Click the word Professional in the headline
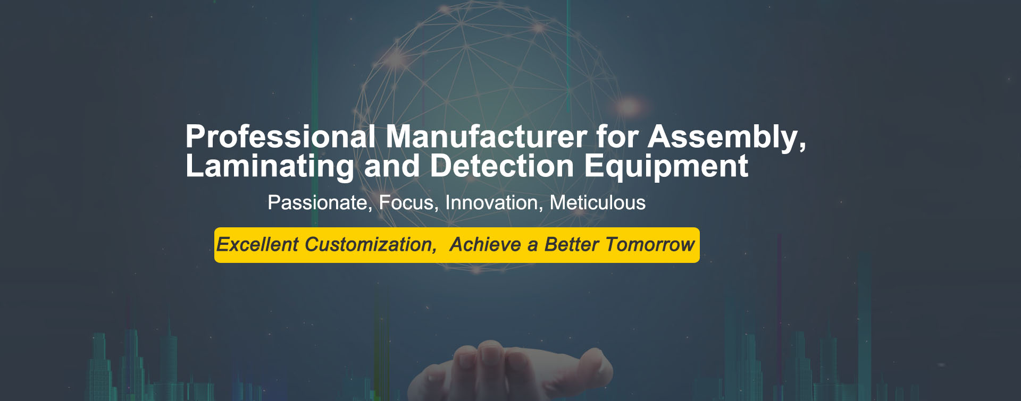(281, 137)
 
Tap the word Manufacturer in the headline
(487, 137)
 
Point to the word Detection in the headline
(502, 166)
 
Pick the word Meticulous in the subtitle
(598, 203)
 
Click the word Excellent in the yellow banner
(257, 245)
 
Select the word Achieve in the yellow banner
(486, 245)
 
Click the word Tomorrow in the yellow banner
(650, 245)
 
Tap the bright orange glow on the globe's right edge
(630, 105)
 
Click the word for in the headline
(617, 137)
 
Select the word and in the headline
(392, 166)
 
